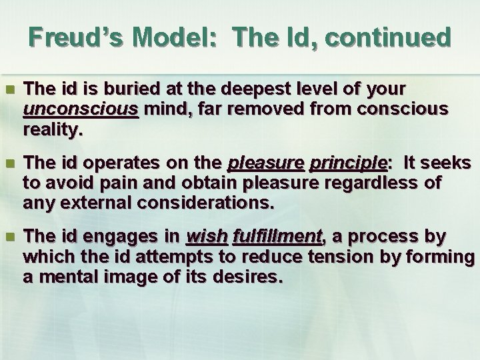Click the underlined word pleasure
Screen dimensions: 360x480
click(256, 163)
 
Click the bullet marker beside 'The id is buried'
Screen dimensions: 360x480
click(9, 89)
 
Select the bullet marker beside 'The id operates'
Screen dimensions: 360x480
click(9, 164)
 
